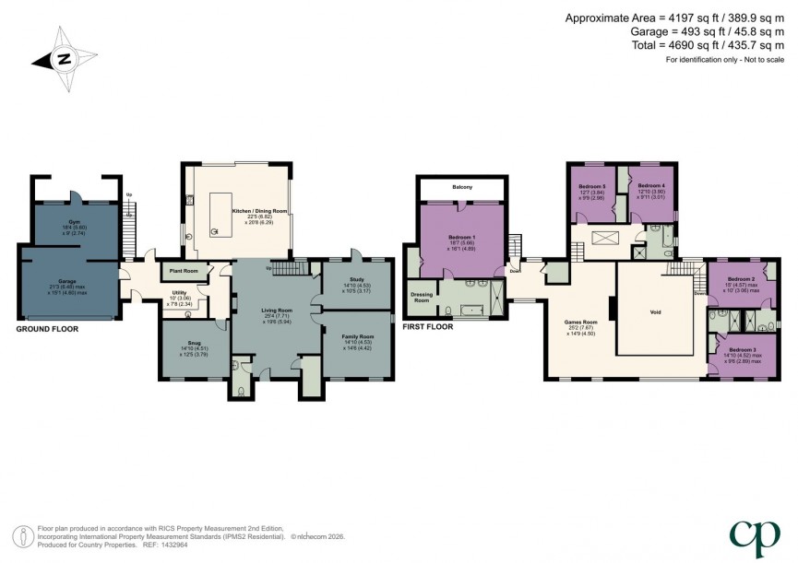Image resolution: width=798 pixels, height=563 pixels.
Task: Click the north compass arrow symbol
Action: tap(62, 60)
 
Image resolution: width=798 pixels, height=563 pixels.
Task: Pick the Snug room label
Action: tap(195, 343)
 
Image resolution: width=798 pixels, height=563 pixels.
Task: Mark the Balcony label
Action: tap(462, 188)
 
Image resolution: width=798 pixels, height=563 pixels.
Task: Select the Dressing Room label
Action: tap(421, 298)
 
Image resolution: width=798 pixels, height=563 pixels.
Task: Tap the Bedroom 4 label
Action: tap(650, 185)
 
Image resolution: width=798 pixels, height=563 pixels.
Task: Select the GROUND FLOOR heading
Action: tap(47, 328)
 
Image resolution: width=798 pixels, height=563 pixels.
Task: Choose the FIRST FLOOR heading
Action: tap(430, 326)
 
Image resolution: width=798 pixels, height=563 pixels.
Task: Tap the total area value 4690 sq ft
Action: tap(680, 45)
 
